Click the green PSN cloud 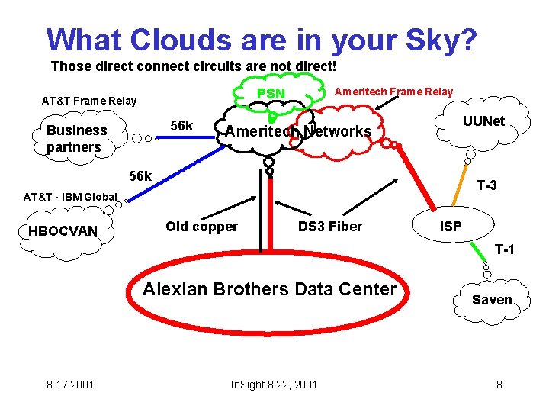(x=271, y=93)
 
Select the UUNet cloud (x=483, y=121)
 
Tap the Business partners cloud (x=76, y=138)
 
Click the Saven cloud (x=492, y=300)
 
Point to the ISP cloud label (x=450, y=227)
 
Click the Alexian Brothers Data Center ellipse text (x=270, y=289)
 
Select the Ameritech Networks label (x=298, y=131)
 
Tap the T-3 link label (x=486, y=185)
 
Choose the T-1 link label (x=504, y=249)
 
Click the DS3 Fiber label (x=329, y=227)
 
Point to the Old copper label (x=201, y=227)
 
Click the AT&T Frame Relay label (x=88, y=101)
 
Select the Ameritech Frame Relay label (x=394, y=92)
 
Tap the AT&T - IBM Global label (x=70, y=197)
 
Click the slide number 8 (x=499, y=384)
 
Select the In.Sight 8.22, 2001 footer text (x=274, y=384)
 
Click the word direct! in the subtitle (x=312, y=66)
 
